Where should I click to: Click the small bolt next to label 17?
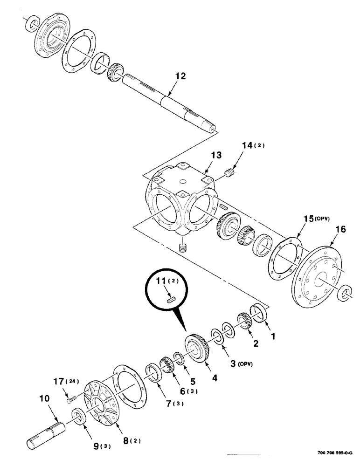[x=70, y=398]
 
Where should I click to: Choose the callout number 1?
[x=273, y=335]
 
